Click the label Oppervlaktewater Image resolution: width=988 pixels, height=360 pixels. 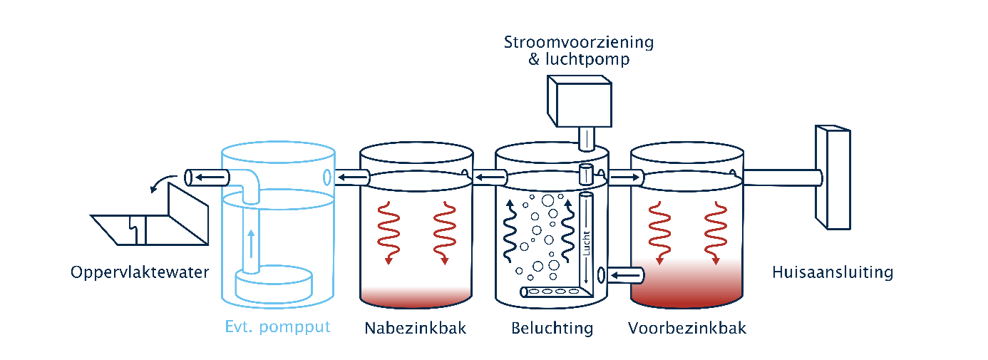(x=140, y=272)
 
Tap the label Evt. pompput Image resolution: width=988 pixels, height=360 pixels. (x=277, y=328)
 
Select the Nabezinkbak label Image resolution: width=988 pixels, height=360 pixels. (x=416, y=328)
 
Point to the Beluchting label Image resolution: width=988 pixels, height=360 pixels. (x=552, y=328)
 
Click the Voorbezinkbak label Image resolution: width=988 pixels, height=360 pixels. (x=687, y=328)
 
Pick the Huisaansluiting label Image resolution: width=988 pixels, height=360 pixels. (x=833, y=272)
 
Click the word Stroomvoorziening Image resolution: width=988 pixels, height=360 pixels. (x=579, y=42)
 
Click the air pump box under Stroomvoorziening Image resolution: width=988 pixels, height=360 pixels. (x=579, y=101)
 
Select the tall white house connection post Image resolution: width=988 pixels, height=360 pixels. (x=833, y=178)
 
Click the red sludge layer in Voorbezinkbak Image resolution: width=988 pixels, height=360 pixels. (x=686, y=281)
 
